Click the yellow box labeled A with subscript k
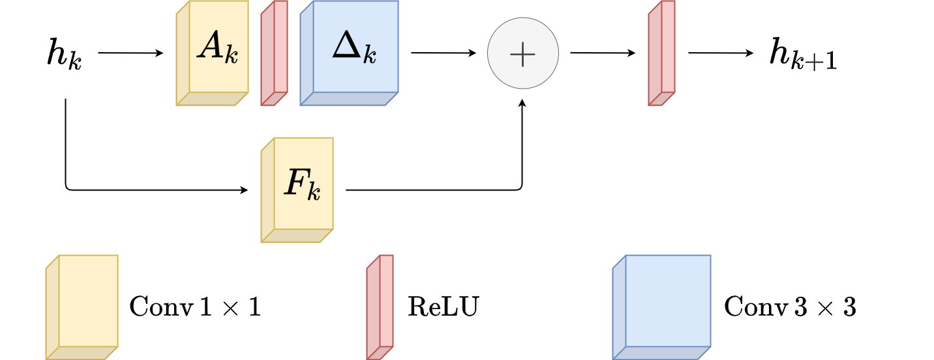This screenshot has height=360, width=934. tap(213, 52)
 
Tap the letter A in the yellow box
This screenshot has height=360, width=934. tap(211, 46)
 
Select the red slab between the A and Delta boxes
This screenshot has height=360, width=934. tap(275, 52)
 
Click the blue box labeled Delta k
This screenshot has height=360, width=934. tap(350, 52)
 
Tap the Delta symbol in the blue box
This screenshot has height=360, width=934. tap(347, 46)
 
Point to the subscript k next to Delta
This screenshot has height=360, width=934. tap(370, 55)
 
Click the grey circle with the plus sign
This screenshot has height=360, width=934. tap(523, 53)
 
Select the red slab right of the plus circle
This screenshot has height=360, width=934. tap(662, 52)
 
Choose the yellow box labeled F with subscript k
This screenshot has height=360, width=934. tap(297, 189)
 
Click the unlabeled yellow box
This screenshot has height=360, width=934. tap(82, 307)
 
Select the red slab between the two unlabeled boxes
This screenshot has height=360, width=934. tap(380, 307)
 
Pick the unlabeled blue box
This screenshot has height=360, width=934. tap(662, 307)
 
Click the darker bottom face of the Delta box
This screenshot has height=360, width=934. tap(350, 98)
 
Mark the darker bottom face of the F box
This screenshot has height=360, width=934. tap(297, 235)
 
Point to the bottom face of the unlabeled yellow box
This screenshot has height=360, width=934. tap(82, 353)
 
